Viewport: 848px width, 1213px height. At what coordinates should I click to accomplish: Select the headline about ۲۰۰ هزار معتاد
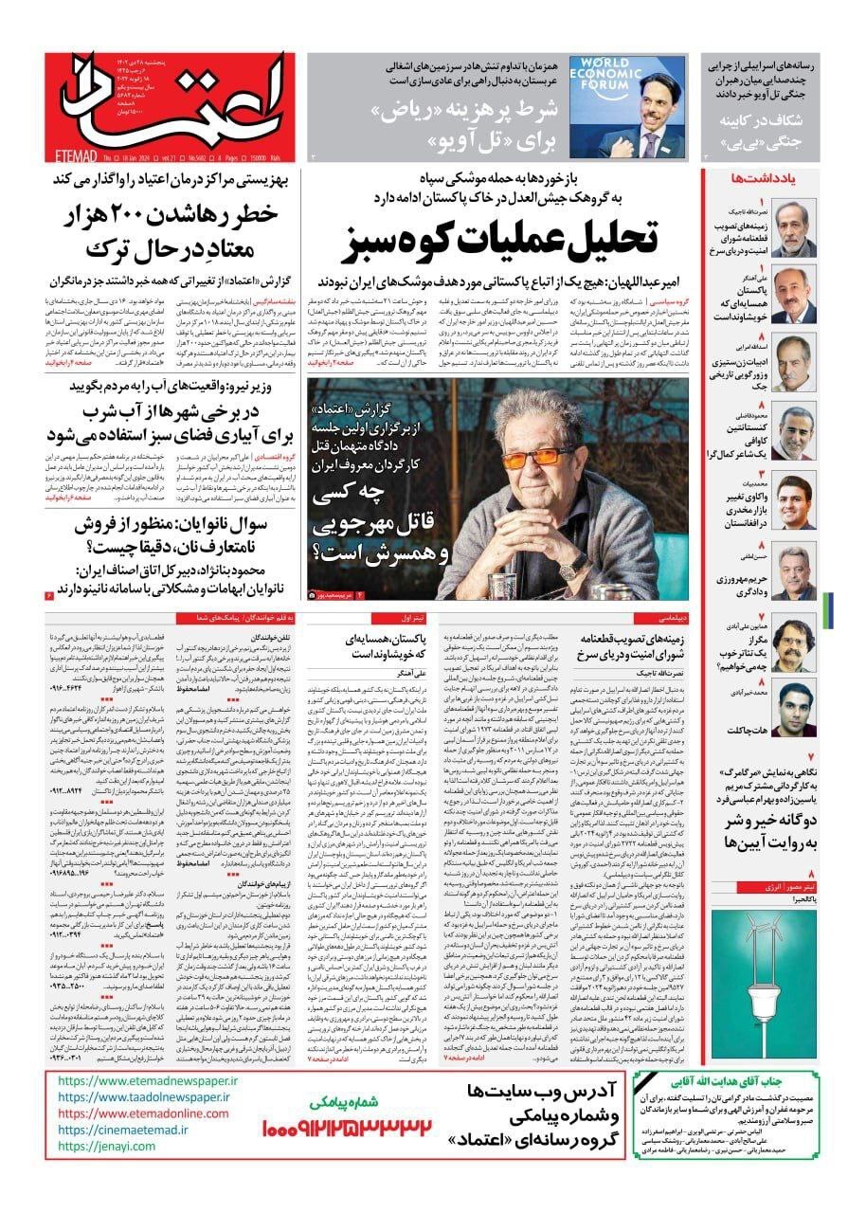178,232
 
